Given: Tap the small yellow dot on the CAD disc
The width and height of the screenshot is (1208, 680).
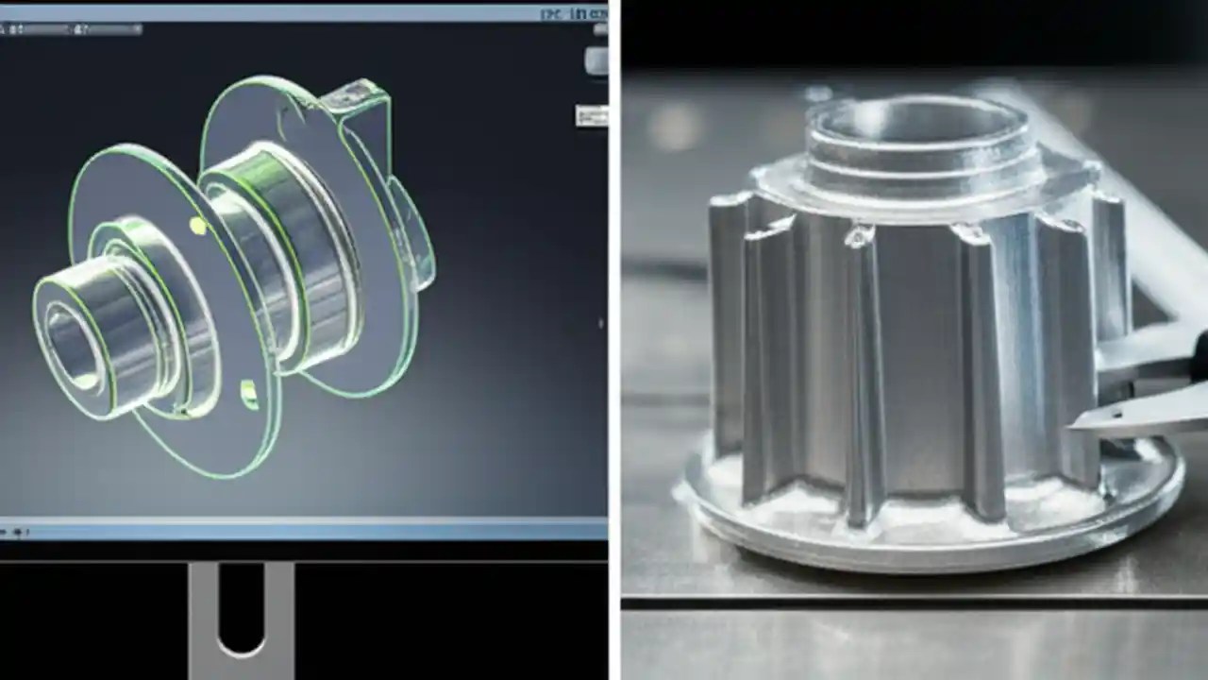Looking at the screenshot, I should [198, 225].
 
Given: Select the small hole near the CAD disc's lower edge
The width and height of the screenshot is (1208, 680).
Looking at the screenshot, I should [249, 394].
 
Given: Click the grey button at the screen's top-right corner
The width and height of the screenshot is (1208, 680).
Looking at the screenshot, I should [596, 60].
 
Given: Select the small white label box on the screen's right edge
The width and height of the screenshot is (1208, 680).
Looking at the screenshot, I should [591, 115].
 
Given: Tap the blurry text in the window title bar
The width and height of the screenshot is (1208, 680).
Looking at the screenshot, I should [573, 13].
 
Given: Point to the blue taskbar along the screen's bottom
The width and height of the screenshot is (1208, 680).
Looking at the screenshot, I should [302, 529].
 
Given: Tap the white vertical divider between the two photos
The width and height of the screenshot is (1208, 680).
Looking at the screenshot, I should [614, 340].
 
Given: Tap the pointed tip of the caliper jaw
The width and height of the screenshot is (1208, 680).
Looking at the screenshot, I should [1076, 428].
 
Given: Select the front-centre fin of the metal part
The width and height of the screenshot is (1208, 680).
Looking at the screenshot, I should [864, 378].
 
